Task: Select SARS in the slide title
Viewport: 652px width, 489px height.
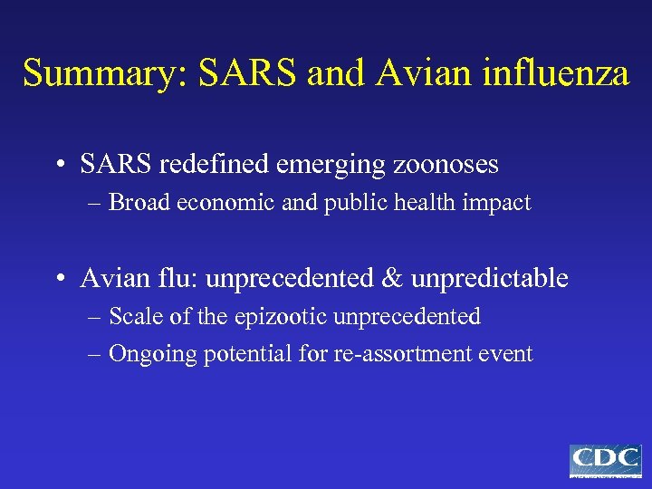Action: [235, 72]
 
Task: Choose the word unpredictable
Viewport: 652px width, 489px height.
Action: [489, 278]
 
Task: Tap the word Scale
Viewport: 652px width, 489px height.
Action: [133, 317]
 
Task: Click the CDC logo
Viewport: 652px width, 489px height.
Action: [605, 460]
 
